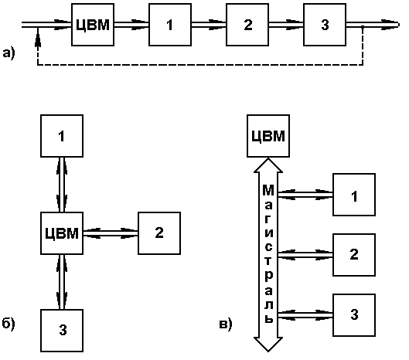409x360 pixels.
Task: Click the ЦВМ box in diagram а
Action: coord(93,25)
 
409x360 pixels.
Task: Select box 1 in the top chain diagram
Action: coord(170,25)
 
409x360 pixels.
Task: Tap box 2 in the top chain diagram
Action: coord(247,25)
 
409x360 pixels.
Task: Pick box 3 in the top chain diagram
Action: coord(325,25)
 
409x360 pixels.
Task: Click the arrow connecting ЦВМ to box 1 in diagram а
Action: coord(131,25)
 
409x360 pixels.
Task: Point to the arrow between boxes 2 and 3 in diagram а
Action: coord(286,25)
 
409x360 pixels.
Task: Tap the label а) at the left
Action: coord(9,53)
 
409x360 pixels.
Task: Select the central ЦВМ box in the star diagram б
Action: coord(62,233)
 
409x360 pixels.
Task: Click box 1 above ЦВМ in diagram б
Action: coord(62,136)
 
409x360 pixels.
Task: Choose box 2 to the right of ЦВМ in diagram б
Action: coord(159,233)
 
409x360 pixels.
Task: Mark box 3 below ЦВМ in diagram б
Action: coord(62,331)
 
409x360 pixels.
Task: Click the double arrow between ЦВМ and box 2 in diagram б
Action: coord(111,233)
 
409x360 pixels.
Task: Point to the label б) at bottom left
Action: coord(9,324)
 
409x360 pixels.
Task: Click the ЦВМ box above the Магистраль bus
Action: coord(268,136)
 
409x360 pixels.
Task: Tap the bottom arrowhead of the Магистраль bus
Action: coord(268,345)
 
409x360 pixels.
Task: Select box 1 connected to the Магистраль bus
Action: coord(354,195)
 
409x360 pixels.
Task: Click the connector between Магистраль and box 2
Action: coord(305,255)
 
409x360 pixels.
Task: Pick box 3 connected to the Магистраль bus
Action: coord(354,315)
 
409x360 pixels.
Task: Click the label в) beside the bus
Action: coord(226,324)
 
